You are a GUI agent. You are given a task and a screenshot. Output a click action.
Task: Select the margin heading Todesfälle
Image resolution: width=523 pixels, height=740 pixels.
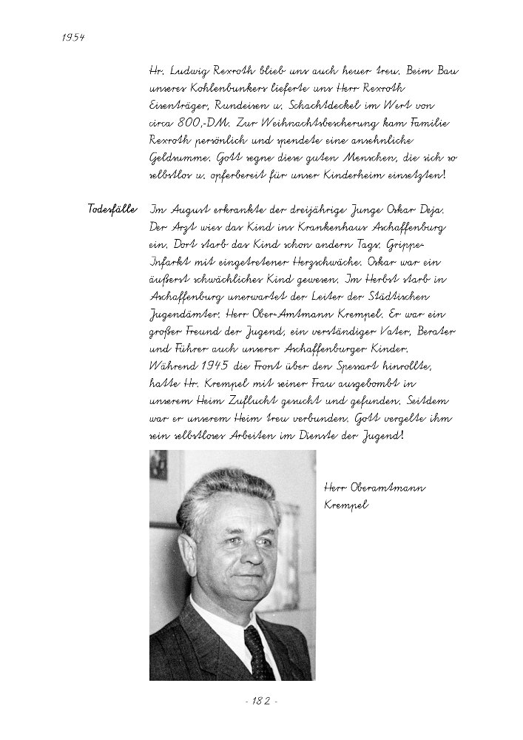click(x=112, y=209)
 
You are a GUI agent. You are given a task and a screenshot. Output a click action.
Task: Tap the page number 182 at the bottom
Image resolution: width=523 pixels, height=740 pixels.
click(x=261, y=701)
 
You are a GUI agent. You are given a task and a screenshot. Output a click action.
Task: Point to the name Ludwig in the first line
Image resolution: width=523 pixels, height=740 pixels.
click(x=191, y=72)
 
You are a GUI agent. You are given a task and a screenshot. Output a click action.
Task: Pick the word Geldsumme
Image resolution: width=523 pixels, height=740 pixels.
click(x=176, y=158)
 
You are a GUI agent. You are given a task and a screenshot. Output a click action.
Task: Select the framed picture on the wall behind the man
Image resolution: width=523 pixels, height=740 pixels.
click(x=158, y=465)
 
